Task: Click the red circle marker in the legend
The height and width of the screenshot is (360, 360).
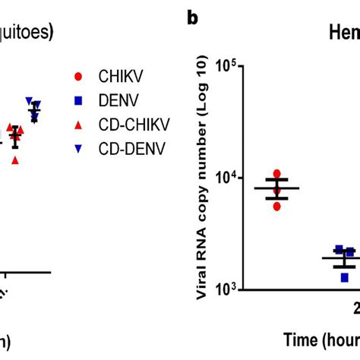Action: tap(78, 76)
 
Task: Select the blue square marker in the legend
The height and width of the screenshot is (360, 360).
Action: tap(78, 100)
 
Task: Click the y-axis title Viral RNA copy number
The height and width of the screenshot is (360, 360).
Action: tap(204, 178)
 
